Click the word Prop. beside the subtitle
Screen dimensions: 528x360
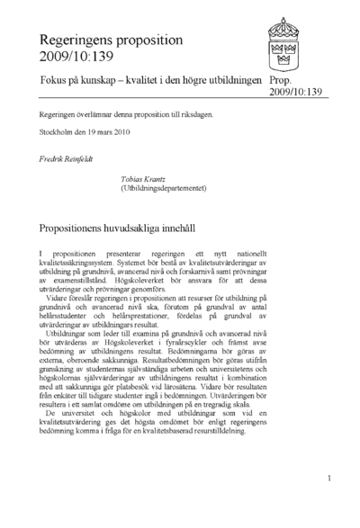pyautogui.click(x=283, y=80)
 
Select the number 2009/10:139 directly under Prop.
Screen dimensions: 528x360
pyautogui.click(x=296, y=92)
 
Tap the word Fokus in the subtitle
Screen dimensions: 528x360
pyautogui.click(x=56, y=80)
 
